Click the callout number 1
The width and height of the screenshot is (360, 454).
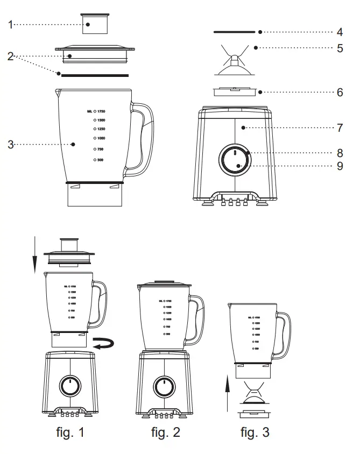click(x=11, y=24)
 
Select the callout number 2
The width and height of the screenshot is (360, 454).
click(x=11, y=55)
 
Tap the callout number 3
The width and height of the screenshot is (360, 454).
click(x=11, y=144)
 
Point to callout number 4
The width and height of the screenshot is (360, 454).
click(x=340, y=32)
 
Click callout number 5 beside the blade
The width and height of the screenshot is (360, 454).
click(x=340, y=48)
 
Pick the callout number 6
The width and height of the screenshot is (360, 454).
click(x=340, y=92)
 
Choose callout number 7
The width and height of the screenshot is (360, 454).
click(x=340, y=128)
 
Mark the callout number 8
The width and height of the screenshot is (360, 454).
click(x=340, y=153)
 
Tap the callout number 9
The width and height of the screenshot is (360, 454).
click(x=340, y=166)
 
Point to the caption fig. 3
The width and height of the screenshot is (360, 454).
click(x=255, y=431)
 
